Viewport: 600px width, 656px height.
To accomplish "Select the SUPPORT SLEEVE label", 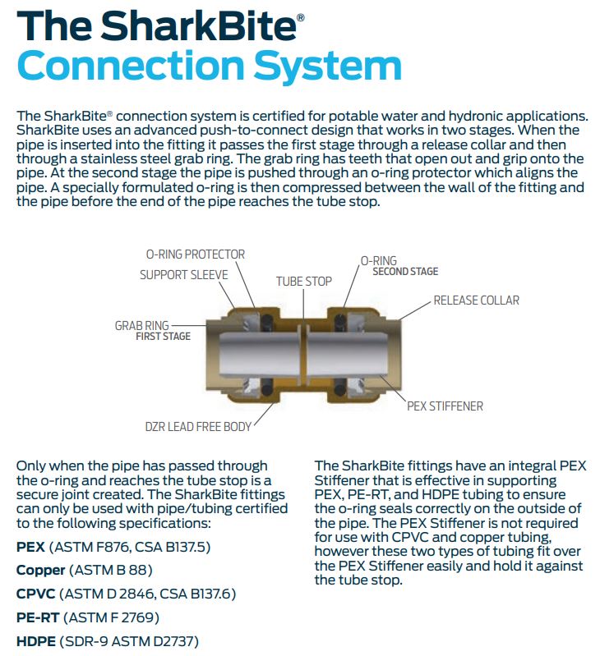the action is coord(184,275).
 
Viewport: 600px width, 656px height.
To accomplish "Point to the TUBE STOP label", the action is coord(304,282).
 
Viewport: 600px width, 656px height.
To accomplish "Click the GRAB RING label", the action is coord(142,326).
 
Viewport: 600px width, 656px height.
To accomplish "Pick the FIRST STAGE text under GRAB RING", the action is coord(163,337).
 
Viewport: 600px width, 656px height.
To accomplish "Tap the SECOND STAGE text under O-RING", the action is coord(405,272).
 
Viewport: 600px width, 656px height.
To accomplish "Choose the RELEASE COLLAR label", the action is coord(477,300).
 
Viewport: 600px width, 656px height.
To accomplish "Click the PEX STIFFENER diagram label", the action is coord(445,406).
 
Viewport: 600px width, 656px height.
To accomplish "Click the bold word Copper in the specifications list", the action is coord(40,570).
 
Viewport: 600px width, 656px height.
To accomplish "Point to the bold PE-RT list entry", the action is coord(38,617).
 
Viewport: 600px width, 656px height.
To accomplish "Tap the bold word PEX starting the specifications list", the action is coord(31,546).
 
